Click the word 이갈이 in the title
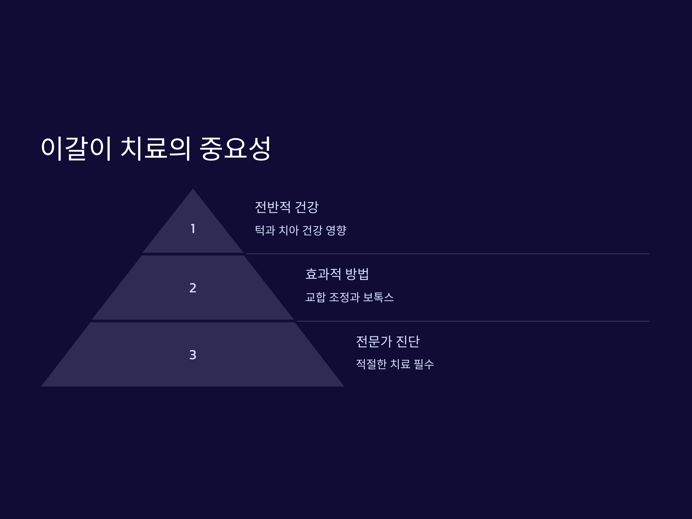coord(76,148)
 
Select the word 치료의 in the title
coord(155,148)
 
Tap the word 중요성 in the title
coord(235,148)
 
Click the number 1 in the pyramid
coord(193,229)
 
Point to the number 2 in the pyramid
coord(193,288)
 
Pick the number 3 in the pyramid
coord(193,355)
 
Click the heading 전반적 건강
coord(287,207)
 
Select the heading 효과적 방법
coord(337,274)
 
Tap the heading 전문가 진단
coord(388,341)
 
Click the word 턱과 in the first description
coord(265,231)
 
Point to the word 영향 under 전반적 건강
coord(336,231)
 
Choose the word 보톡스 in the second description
coord(378,297)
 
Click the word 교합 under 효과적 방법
coord(315,297)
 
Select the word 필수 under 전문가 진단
coord(424,364)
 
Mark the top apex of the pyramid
coord(193,190)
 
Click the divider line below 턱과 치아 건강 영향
coord(447,254)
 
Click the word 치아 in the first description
coord(289,231)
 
